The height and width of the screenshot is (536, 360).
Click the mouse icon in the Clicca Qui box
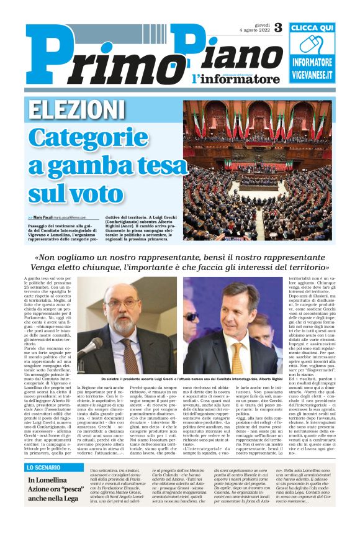pos(312,45)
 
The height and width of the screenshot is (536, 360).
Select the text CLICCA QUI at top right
pos(312,28)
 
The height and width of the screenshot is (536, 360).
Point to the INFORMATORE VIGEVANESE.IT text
pos(312,69)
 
